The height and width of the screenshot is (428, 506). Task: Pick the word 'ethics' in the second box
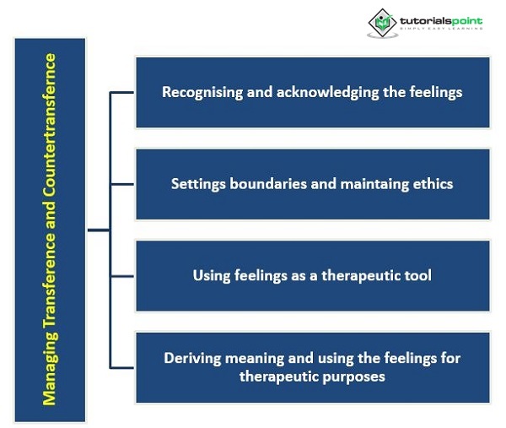coord(433,183)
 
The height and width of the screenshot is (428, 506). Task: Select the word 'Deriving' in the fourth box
coord(193,358)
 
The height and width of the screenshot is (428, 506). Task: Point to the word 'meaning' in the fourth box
coord(254,358)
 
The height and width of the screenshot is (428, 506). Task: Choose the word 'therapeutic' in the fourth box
coord(276,376)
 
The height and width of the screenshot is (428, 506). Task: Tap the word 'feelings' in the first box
coord(435,92)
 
